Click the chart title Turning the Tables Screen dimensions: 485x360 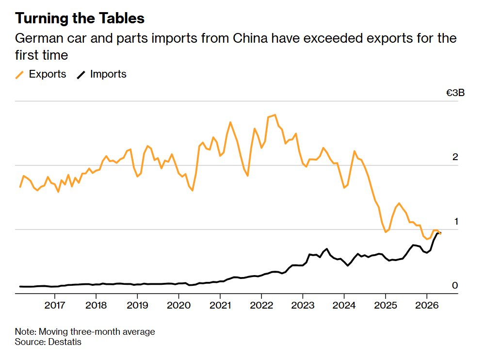pos(80,18)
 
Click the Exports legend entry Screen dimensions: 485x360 pos(41,74)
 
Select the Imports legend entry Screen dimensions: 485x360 pos(101,74)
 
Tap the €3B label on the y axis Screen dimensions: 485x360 pos(455,93)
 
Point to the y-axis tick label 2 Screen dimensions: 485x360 pos(455,157)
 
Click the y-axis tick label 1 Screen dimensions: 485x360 pos(456,221)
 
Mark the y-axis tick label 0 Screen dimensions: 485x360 pos(455,285)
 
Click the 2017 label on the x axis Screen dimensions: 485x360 pos(55,306)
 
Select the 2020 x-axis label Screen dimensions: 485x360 pos(179,306)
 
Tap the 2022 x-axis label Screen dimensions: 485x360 pos(261,306)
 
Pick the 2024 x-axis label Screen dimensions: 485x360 pos(344,306)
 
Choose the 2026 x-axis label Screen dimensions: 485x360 pos(427,306)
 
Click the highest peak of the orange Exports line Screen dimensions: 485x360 pos(275,115)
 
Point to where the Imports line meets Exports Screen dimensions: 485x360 pos(439,233)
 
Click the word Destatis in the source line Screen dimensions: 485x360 pos(65,342)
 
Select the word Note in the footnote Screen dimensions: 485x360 pos(26,332)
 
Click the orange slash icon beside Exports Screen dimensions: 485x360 pos(19,75)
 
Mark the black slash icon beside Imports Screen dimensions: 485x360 pos(81,75)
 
